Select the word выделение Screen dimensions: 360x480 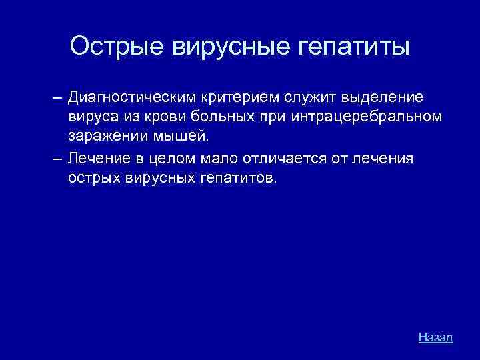(x=382, y=98)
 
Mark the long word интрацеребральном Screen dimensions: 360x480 (x=357, y=117)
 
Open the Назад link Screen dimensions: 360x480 (x=435, y=337)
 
